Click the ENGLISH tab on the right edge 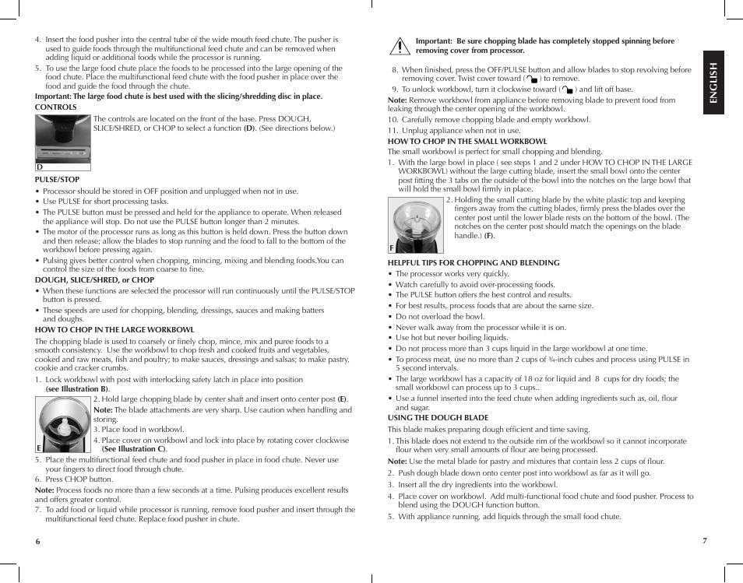point(713,83)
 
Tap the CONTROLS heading point(56,107)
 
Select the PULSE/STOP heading point(57,180)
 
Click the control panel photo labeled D point(63,139)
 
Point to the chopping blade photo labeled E point(63,422)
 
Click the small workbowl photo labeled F point(416,224)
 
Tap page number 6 point(37,541)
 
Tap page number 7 point(704,540)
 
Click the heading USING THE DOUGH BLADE point(438,418)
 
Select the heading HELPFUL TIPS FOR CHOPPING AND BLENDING point(474,263)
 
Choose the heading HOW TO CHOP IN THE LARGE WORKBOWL point(114,330)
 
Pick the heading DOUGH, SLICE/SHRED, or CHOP point(94,280)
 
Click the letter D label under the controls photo point(39,167)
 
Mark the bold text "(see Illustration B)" point(77,389)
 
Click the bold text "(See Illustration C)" point(134,449)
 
